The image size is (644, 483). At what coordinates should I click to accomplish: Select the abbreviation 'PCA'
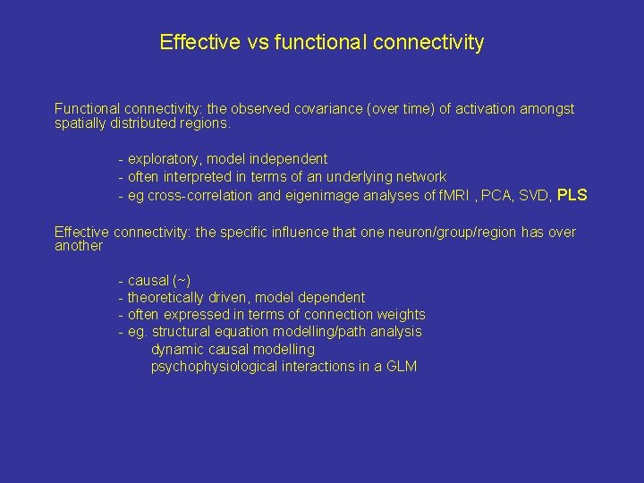(497, 195)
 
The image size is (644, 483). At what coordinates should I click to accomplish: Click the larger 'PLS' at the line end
(572, 194)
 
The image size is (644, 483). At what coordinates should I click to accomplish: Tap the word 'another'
(79, 246)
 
